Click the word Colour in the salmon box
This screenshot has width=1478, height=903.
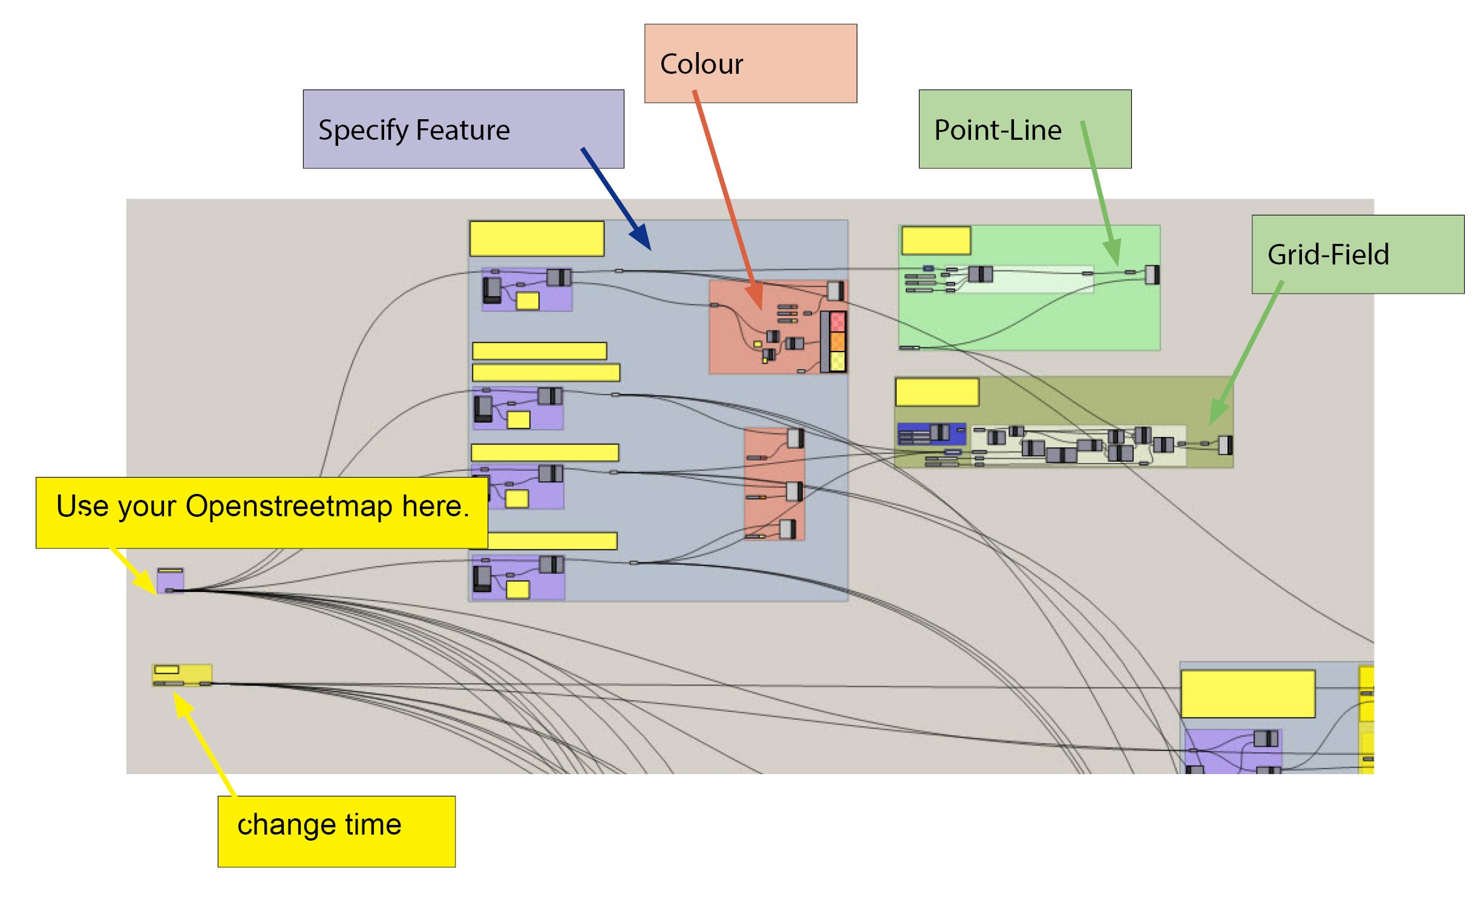pos(701,64)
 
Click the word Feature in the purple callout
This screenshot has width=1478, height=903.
pos(463,130)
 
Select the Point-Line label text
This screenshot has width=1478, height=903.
pos(998,130)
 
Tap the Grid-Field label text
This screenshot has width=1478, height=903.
pos(1328,254)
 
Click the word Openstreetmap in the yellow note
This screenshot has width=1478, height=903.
pos(289,506)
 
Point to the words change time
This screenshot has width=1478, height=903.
pos(319,824)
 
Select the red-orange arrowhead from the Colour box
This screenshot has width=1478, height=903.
pos(755,298)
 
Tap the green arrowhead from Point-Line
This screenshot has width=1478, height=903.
pos(1112,252)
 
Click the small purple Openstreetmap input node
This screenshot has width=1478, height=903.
pos(170,582)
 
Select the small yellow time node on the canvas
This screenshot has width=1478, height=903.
pos(182,675)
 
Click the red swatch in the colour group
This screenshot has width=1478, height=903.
pos(838,321)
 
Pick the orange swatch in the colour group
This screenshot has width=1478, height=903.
pos(838,342)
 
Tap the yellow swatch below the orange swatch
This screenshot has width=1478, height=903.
pos(838,361)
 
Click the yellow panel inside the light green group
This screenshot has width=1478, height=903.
pos(936,241)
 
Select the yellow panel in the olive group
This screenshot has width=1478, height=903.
pos(937,392)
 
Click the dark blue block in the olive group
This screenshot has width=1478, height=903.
pos(932,434)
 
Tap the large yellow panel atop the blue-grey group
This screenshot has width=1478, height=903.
pos(537,238)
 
